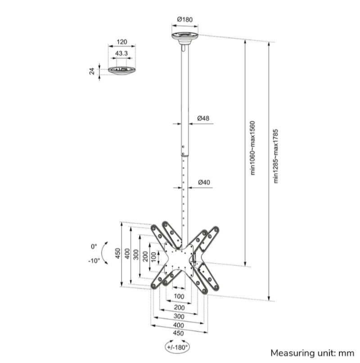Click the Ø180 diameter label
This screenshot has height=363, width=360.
pos(184,19)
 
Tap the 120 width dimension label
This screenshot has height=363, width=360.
pos(121,42)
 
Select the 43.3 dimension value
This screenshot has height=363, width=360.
pos(121,53)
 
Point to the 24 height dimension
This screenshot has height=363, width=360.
pos(93,71)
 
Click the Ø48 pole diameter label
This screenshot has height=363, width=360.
pos(203,118)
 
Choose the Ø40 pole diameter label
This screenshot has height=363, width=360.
pos(204,182)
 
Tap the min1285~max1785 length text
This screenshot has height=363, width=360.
pos(276,156)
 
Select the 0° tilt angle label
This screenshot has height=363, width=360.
pos(94,246)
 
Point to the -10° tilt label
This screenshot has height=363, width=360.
pos(94,260)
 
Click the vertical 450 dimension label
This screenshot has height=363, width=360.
pos(117,255)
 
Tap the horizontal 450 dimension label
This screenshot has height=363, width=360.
pos(179,333)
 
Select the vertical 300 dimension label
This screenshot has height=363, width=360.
pos(135,255)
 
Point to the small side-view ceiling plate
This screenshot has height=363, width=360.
pos(122,71)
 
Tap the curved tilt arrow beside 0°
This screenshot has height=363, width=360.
pos(104,253)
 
